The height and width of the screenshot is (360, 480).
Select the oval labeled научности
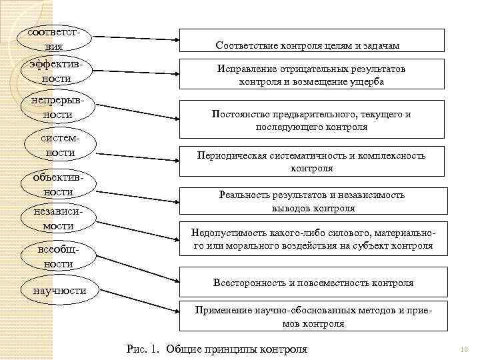pyautogui.click(x=59, y=291)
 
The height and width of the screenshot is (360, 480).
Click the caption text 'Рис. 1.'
pyautogui.click(x=143, y=349)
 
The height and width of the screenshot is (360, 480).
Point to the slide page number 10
pyautogui.click(x=465, y=349)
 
